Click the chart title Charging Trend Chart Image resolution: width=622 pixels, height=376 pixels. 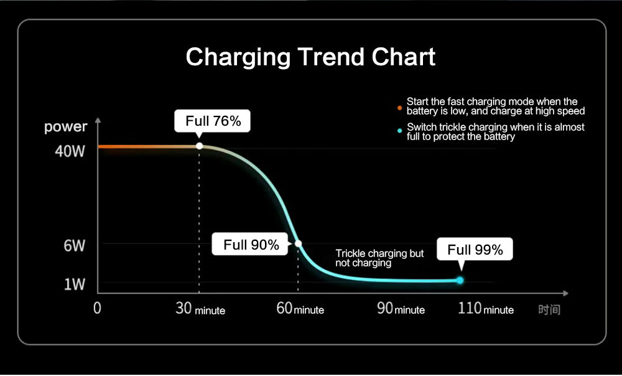(310, 57)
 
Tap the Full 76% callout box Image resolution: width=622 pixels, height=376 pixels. (212, 121)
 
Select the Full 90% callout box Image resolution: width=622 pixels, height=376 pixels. (250, 244)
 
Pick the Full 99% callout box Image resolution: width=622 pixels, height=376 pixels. (475, 250)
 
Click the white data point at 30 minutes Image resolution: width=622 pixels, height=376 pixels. (199, 146)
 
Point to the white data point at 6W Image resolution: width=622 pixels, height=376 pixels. (299, 243)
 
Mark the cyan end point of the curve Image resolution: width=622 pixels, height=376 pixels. (460, 280)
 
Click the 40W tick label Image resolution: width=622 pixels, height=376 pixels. (70, 151)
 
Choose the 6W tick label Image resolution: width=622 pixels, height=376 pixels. (74, 246)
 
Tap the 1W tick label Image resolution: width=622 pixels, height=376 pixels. (75, 284)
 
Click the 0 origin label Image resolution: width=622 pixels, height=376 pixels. (97, 308)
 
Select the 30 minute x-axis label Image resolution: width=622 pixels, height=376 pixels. (200, 309)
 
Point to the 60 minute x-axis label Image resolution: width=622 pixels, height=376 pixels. (300, 309)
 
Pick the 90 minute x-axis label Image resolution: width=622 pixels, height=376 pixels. (401, 309)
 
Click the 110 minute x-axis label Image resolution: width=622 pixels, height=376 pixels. (486, 309)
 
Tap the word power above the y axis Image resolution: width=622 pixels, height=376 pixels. (65, 127)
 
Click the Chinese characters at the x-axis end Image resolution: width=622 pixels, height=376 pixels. (549, 309)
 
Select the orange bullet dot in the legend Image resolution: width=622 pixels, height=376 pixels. (399, 108)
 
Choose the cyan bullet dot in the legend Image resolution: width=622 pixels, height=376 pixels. (399, 131)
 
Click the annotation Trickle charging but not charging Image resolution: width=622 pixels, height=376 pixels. (379, 258)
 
